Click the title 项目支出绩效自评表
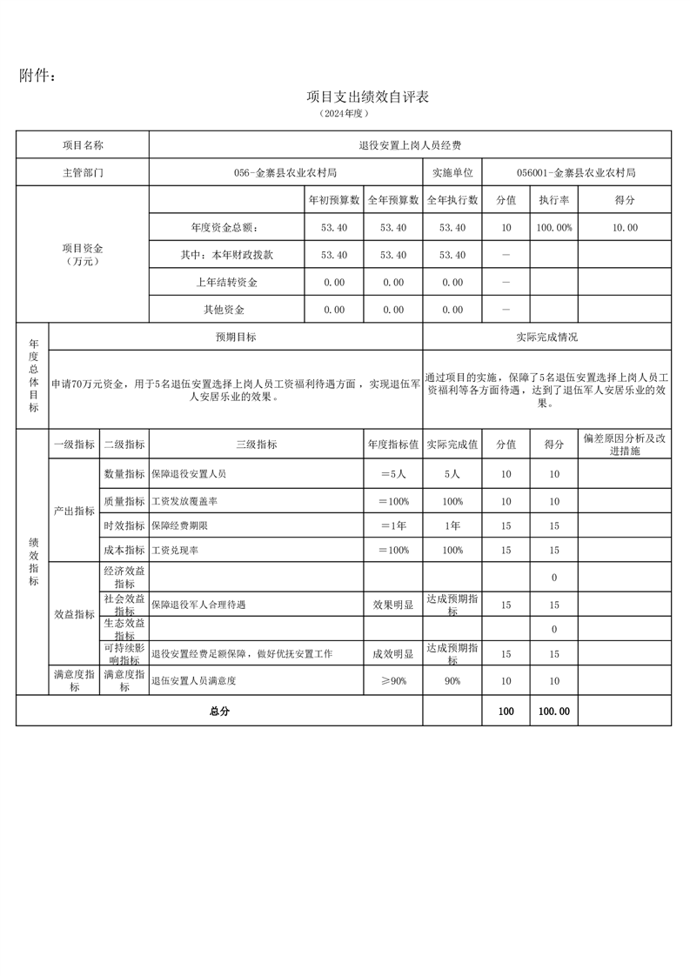368,97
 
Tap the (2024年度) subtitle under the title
345,114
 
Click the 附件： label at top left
38,77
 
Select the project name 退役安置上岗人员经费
410,145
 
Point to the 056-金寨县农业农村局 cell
285,173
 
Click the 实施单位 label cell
452,173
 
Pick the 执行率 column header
554,200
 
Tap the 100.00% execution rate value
554,228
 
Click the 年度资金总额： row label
224,228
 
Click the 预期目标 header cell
236,337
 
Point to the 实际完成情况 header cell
546,337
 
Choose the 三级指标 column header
257,445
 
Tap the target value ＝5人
393,474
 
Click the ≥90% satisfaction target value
393,681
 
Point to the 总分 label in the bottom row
219,712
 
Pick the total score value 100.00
554,712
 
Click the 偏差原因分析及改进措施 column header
625,445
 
